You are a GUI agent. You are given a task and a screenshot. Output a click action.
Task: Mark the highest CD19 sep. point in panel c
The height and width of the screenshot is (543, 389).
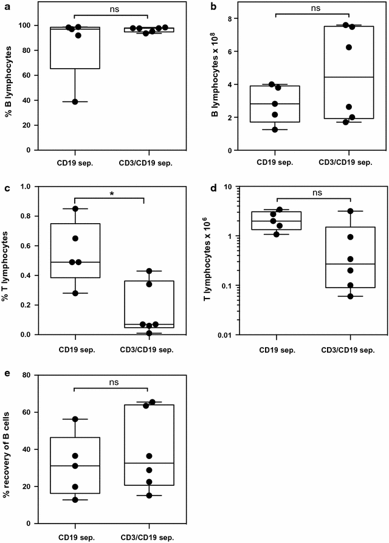[75, 209]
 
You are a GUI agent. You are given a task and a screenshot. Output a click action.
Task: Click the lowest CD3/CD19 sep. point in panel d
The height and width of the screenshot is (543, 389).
[350, 297]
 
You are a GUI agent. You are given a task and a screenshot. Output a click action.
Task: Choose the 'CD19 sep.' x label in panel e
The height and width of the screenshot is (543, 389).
[75, 538]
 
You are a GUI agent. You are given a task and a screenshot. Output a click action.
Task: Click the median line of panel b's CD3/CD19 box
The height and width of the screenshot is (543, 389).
[348, 77]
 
